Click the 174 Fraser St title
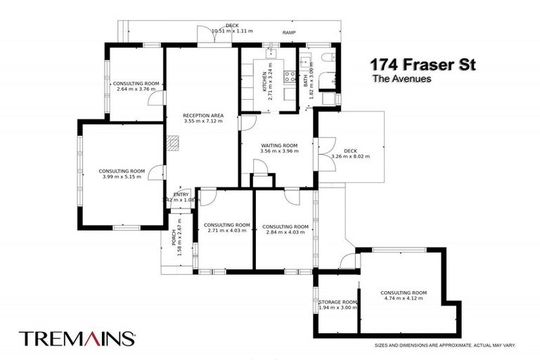(423, 65)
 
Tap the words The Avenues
(401, 79)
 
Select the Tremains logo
(77, 338)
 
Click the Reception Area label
(202, 114)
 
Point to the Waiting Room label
(278, 146)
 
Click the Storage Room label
(337, 302)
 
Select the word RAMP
(289, 33)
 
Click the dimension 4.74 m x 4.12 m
(404, 299)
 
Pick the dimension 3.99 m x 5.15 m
(122, 176)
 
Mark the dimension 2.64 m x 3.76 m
(137, 89)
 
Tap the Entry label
(181, 194)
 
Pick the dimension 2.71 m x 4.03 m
(227, 231)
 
